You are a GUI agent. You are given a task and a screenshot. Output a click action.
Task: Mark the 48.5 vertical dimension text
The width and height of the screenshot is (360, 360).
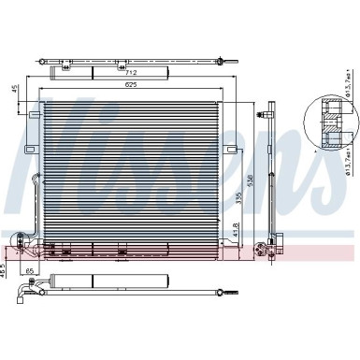[x=4, y=267]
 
